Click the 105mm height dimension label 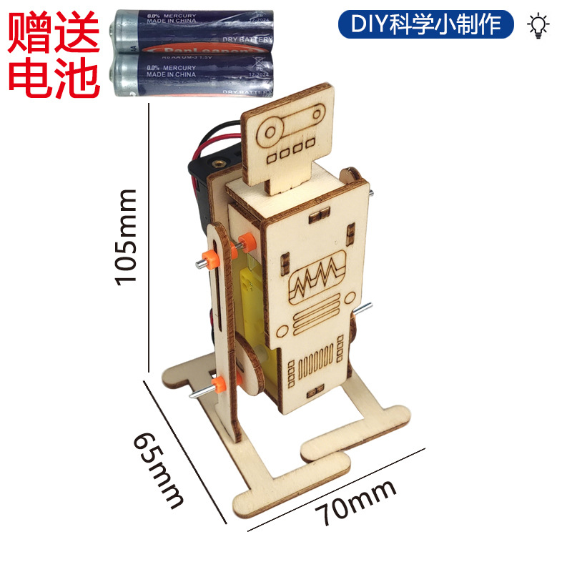click(x=127, y=236)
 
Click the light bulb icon click(x=538, y=25)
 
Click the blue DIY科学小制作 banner click(x=426, y=25)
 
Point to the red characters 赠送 click(x=54, y=29)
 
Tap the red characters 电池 click(x=54, y=77)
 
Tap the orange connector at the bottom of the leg click(x=218, y=387)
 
